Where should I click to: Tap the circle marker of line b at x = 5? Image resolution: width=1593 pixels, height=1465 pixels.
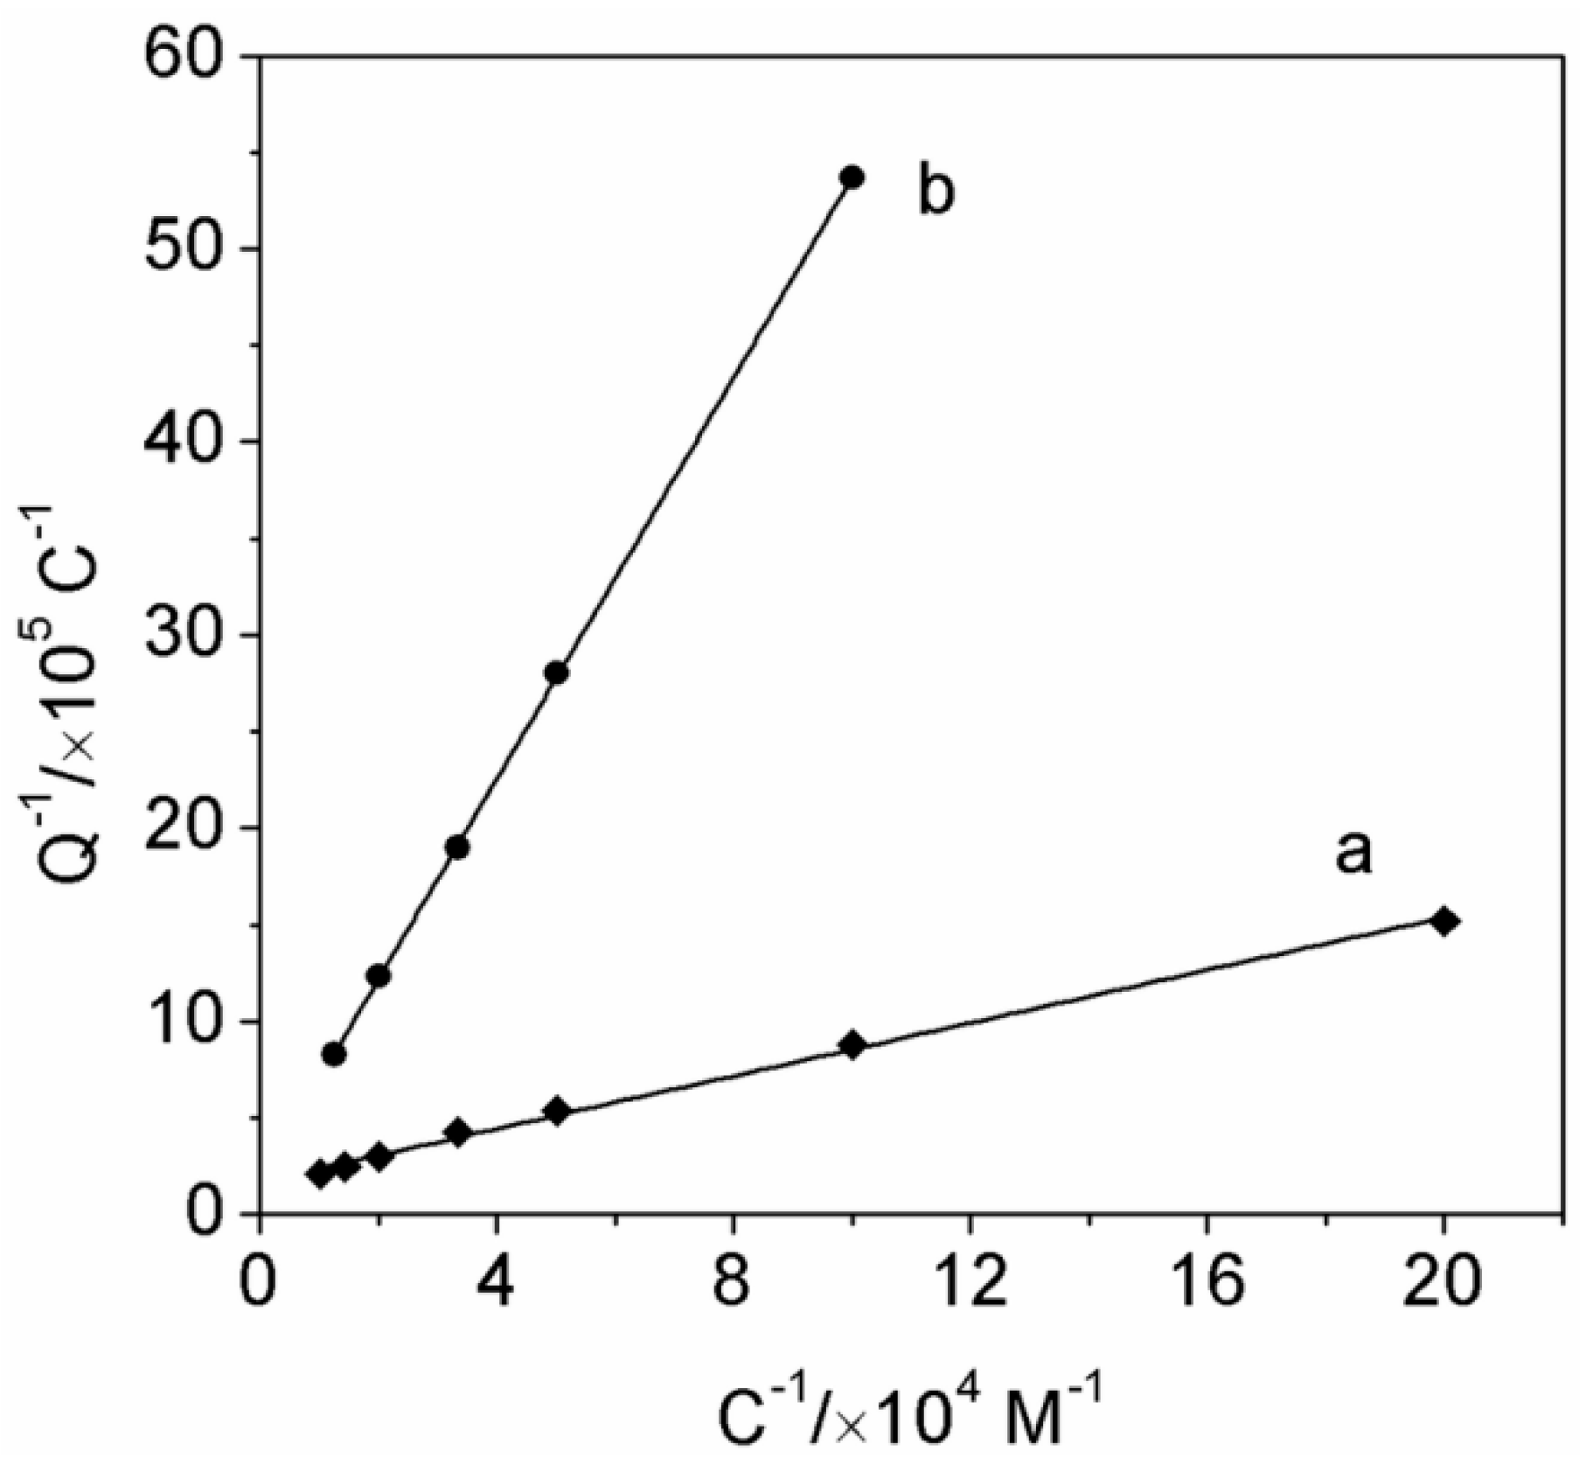556,673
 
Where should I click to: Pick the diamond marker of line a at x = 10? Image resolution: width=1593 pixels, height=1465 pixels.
852,1044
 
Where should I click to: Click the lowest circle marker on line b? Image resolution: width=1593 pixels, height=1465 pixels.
334,1054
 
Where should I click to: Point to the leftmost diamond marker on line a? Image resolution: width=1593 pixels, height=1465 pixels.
320,1174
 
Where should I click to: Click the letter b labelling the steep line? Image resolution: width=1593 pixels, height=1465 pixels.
936,192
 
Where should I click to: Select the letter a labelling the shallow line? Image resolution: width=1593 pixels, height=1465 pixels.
1353,853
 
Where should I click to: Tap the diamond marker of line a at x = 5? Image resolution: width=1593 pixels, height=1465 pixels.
556,1111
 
